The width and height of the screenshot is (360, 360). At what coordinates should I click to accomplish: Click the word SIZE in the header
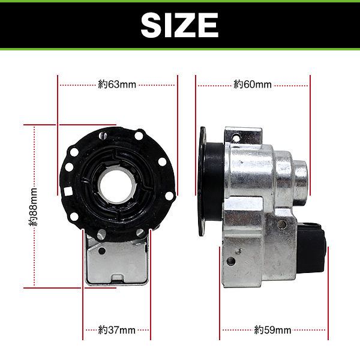pos(179,25)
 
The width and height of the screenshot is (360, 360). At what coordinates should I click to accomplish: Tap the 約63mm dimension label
pos(117,85)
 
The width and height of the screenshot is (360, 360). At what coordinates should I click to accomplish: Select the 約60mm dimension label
pos(253,85)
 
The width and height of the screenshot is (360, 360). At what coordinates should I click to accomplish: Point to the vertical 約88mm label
pos(33,207)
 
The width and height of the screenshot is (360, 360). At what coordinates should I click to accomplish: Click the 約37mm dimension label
pos(116,330)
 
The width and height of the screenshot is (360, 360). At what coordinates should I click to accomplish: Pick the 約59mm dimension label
pos(273,330)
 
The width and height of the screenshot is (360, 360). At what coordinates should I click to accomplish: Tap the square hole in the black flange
pos(68,191)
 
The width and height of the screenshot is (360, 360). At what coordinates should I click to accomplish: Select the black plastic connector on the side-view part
pos(312,248)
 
